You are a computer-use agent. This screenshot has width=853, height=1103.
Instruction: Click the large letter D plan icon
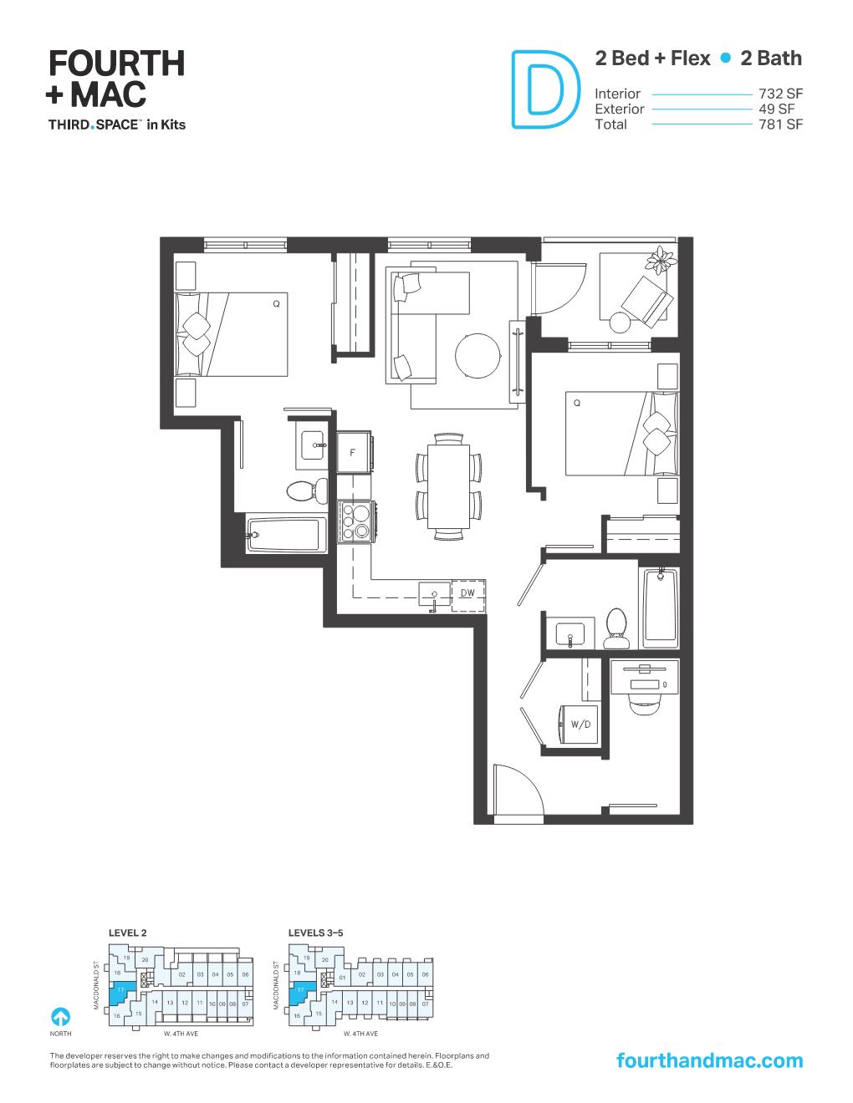coord(544,91)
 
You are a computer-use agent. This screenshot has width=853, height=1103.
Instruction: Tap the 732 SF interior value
coord(779,94)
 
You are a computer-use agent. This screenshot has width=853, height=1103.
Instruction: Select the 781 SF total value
coord(779,125)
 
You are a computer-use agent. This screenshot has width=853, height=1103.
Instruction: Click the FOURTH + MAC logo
coord(116,79)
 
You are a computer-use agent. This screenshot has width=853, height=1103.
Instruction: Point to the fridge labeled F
coord(354,453)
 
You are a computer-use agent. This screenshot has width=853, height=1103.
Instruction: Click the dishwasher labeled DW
coord(467,592)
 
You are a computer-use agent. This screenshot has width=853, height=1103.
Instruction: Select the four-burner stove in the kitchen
coord(355,520)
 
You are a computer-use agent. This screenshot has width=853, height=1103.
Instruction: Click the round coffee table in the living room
coord(478,357)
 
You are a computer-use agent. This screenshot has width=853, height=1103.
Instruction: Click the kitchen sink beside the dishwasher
coord(433,593)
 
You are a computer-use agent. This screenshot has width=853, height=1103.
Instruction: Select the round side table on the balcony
coord(621,322)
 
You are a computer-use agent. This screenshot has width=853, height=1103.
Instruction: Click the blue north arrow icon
coord(60,1017)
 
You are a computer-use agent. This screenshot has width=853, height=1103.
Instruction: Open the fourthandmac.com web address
coord(708,1060)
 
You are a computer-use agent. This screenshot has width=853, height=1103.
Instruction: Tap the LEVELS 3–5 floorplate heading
coord(315,931)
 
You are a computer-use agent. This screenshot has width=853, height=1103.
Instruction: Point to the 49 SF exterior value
coord(776,109)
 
